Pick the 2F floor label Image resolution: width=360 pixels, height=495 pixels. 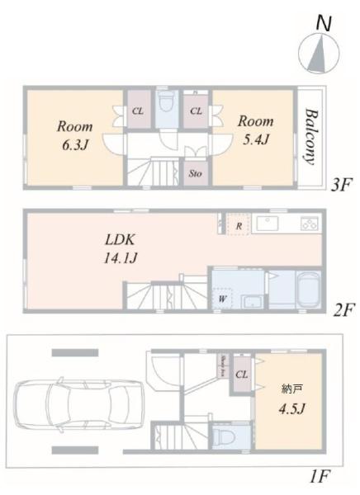click(x=343, y=311)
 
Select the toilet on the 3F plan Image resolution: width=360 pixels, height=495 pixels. click(x=166, y=106)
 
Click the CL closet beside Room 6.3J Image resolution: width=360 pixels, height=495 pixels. click(x=137, y=110)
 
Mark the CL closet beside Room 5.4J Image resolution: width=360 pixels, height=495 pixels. click(x=196, y=110)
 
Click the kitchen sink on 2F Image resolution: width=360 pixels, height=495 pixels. click(x=270, y=224)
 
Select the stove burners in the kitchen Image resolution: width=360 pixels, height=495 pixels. click(x=310, y=224)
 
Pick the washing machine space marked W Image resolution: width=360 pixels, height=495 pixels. click(x=223, y=298)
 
